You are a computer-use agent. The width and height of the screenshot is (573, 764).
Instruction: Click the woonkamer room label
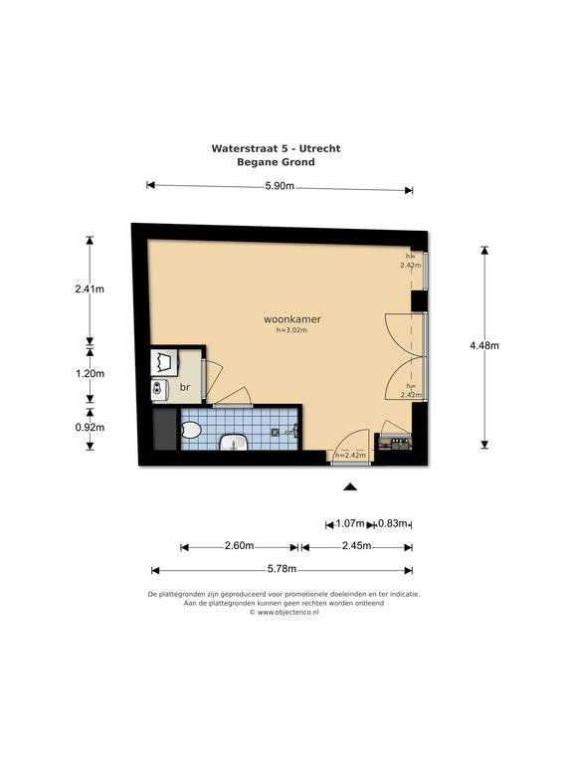pyautogui.click(x=292, y=319)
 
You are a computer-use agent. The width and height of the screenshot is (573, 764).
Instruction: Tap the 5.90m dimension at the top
pyautogui.click(x=280, y=186)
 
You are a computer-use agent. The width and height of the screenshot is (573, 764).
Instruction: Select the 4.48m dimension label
pyautogui.click(x=484, y=345)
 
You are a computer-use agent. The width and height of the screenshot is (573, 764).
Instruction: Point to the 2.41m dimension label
pyautogui.click(x=90, y=288)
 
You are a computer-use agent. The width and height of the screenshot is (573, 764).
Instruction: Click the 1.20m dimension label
pyautogui.click(x=90, y=374)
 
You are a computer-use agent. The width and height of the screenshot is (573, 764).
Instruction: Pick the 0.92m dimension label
pyautogui.click(x=90, y=428)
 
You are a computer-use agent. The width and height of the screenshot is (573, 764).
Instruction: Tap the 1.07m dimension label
pyautogui.click(x=350, y=524)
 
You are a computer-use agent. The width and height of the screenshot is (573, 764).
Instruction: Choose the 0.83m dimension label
pyautogui.click(x=392, y=524)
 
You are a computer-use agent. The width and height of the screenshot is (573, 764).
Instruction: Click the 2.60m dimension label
pyautogui.click(x=239, y=546)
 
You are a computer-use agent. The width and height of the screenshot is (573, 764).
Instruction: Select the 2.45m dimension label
pyautogui.click(x=357, y=546)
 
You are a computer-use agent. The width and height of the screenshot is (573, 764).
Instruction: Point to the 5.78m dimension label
pyautogui.click(x=283, y=569)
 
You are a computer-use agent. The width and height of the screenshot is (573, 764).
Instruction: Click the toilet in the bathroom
pyautogui.click(x=191, y=431)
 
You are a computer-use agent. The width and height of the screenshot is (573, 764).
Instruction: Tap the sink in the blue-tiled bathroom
pyautogui.click(x=234, y=443)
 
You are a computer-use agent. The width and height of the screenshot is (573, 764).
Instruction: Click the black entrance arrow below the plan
pyautogui.click(x=350, y=486)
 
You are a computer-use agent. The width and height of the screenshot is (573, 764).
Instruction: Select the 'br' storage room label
pyautogui.click(x=185, y=387)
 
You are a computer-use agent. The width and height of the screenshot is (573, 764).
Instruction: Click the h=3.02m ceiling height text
pyautogui.click(x=291, y=330)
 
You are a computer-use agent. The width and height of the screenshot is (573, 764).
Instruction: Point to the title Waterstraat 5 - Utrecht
pyautogui.click(x=276, y=148)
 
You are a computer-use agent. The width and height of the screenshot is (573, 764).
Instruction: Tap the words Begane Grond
pyautogui.click(x=276, y=162)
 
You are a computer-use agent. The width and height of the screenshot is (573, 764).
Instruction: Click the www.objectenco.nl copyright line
pyautogui.click(x=285, y=613)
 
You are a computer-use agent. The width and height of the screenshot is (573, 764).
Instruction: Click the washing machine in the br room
pyautogui.click(x=165, y=362)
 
